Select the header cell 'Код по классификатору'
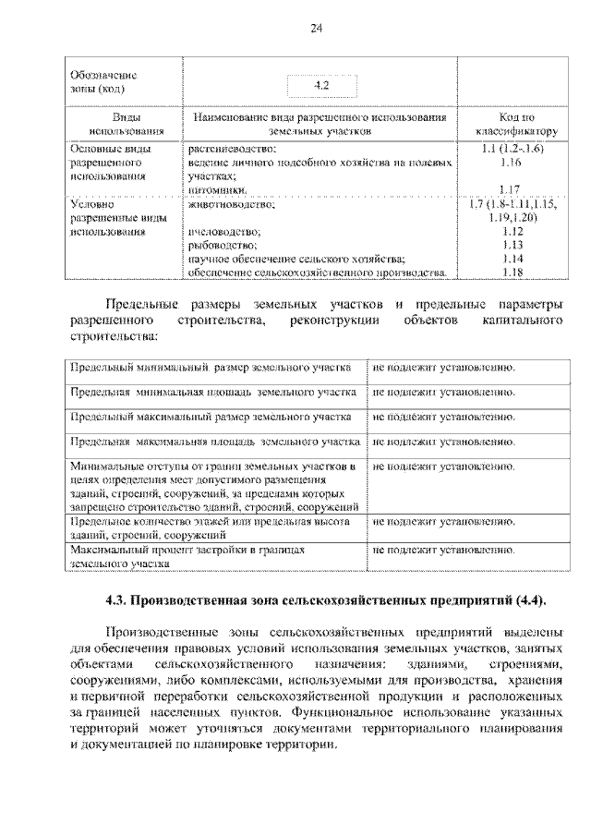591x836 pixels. tap(516, 126)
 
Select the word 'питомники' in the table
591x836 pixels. tap(219, 190)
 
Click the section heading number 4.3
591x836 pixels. tap(115, 600)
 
